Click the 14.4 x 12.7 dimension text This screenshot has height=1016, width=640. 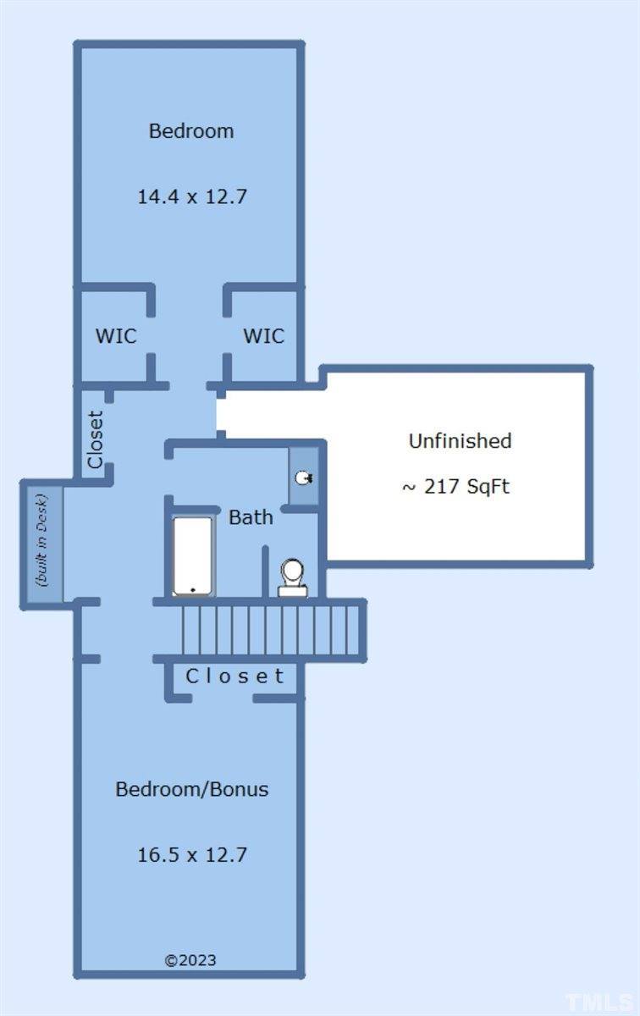pyautogui.click(x=192, y=196)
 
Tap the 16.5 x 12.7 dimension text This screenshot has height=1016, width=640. pyautogui.click(x=192, y=854)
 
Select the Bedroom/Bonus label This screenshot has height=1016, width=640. pyautogui.click(x=192, y=789)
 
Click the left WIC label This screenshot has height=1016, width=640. pyautogui.click(x=116, y=336)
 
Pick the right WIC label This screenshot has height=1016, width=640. pyautogui.click(x=264, y=336)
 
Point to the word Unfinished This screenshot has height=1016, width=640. pyautogui.click(x=460, y=441)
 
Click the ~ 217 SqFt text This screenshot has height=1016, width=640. pyautogui.click(x=455, y=487)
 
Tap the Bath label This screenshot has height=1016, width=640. pyautogui.click(x=251, y=517)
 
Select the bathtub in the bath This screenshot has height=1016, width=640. pyautogui.click(x=193, y=555)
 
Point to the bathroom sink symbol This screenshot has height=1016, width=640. pyautogui.click(x=304, y=478)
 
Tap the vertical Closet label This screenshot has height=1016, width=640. pyautogui.click(x=96, y=439)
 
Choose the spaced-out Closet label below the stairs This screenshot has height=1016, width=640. pyautogui.click(x=235, y=676)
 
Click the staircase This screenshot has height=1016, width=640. pyautogui.click(x=271, y=630)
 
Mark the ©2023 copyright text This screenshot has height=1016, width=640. pyautogui.click(x=190, y=960)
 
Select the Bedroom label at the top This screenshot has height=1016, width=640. pyautogui.click(x=191, y=131)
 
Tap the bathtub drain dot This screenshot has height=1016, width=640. pyautogui.click(x=193, y=589)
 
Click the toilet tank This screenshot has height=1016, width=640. pyautogui.click(x=293, y=590)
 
